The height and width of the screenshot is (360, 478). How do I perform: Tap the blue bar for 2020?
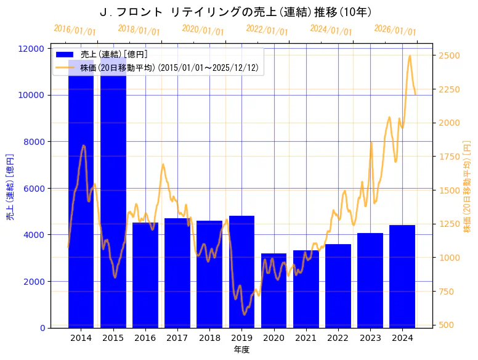coord(273,290)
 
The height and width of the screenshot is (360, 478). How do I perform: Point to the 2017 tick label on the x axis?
coord(177,338)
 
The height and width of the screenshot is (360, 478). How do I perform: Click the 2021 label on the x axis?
coord(306,338)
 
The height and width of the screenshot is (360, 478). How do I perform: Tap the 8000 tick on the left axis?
coord(34,142)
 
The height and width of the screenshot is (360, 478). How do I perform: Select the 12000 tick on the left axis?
coord(31,49)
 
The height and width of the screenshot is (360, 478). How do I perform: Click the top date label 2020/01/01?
coord(203,30)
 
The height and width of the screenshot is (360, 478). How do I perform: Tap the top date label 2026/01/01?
coord(395,30)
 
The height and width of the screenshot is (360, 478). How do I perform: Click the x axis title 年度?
coord(241,350)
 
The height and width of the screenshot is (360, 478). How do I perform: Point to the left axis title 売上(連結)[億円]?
coord(10,187)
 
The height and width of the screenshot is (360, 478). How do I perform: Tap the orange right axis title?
coord(466,187)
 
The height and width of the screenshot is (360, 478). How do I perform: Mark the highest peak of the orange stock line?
coord(410,55)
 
